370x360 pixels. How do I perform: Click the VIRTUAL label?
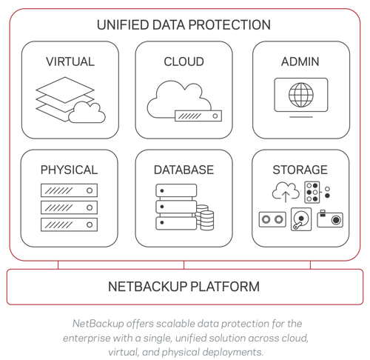tap(70, 61)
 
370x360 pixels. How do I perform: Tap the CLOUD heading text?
tap(184, 61)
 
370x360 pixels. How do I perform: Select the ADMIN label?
tap(300, 61)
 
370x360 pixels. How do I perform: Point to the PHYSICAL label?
tap(69, 170)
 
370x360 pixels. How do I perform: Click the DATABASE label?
tap(184, 170)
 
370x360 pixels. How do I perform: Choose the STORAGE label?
tap(300, 170)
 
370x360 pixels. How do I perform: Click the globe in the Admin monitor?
tap(301, 95)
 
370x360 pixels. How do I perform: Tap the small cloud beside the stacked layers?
tap(87, 113)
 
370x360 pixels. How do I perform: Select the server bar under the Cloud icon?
tap(198, 116)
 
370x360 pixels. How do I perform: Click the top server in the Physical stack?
tap(69, 190)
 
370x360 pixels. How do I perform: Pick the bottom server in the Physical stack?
tap(69, 224)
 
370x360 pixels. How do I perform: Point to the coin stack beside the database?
tap(205, 217)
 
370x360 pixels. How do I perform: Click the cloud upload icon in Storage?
tap(286, 192)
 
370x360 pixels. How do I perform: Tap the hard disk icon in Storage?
tap(301, 219)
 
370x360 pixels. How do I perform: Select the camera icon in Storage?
tap(330, 219)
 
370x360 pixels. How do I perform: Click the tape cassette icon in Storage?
tap(272, 219)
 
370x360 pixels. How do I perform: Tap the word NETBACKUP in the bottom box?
tap(148, 287)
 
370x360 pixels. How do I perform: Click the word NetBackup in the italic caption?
tap(98, 324)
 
